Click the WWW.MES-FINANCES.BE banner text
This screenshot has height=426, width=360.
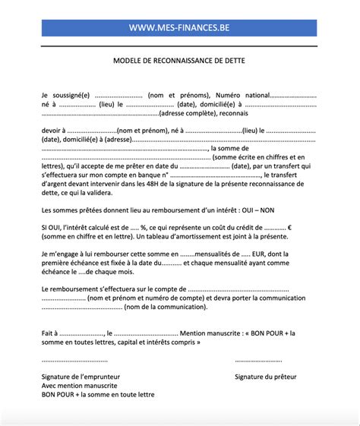click(179, 29)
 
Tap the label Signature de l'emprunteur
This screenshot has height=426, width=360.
click(81, 377)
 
